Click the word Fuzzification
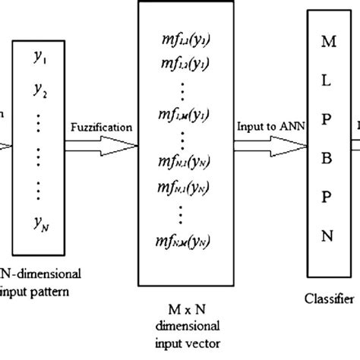pyautogui.click(x=99, y=130)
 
